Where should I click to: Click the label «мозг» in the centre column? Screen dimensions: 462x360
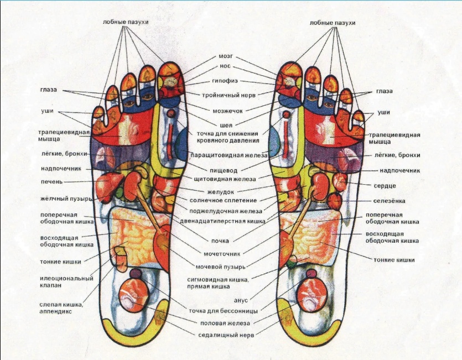(x=226, y=56)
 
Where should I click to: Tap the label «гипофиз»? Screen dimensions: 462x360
(x=225, y=81)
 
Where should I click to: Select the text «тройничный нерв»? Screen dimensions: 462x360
(x=229, y=95)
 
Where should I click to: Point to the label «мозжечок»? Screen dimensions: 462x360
(x=228, y=111)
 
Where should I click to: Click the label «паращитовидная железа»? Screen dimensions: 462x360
(x=229, y=155)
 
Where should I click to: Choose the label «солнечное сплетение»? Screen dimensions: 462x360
(x=224, y=200)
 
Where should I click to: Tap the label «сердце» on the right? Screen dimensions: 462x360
(x=385, y=186)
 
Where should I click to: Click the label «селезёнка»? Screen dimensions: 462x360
(x=389, y=201)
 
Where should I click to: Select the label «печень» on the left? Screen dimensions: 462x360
(x=52, y=182)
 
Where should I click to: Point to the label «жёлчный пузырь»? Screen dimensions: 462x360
(x=66, y=199)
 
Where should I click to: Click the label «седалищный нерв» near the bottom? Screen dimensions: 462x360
(x=226, y=335)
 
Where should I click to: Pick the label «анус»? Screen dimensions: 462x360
(x=241, y=300)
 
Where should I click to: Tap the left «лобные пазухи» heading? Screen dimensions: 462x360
(x=126, y=22)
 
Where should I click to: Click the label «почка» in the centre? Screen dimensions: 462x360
(x=220, y=241)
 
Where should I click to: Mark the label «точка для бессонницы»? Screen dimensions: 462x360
(x=224, y=311)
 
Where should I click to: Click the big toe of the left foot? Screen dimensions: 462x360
(x=170, y=80)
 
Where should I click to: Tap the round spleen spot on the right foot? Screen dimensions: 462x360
(x=335, y=201)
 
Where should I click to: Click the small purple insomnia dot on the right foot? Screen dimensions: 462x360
(x=311, y=274)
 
